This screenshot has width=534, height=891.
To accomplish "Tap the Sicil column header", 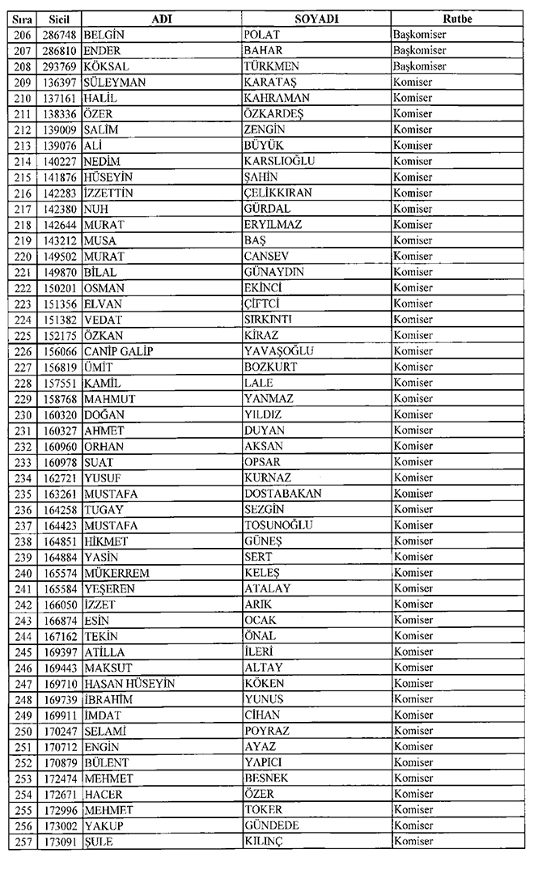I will click(57, 19).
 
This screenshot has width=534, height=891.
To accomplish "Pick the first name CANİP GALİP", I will click(118, 351).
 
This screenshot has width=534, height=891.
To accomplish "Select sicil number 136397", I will click(58, 82).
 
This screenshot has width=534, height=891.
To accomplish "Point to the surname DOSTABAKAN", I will click(283, 494).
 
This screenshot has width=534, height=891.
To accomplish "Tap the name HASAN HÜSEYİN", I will click(129, 684).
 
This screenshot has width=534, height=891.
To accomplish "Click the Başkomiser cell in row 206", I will click(419, 35).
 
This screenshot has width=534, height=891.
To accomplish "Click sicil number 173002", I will click(58, 826).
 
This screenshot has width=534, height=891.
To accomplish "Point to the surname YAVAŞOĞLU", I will click(279, 351).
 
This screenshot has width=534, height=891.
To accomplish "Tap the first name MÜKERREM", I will click(117, 573).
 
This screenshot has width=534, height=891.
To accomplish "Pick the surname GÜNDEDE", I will click(272, 826).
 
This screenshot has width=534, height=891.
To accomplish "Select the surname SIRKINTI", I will click(269, 320).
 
